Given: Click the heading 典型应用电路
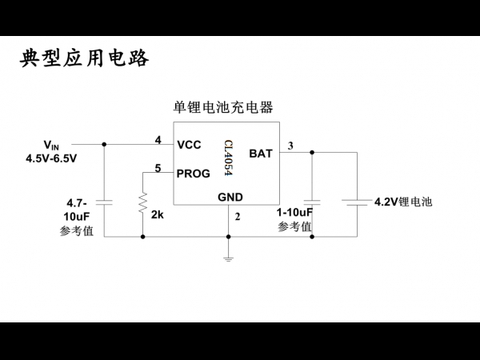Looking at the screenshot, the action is pyautogui.click(x=85, y=58).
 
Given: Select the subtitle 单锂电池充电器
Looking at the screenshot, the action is pyautogui.click(x=223, y=107).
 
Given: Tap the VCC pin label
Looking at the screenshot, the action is pyautogui.click(x=189, y=145).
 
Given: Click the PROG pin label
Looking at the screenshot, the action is pyautogui.click(x=193, y=174).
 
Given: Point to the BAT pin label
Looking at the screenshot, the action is pyautogui.click(x=261, y=154).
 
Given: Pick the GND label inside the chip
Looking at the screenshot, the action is pyautogui.click(x=230, y=197).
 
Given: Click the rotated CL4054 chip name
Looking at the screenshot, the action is pyautogui.click(x=228, y=158).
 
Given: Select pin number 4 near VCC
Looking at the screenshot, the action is pyautogui.click(x=158, y=140).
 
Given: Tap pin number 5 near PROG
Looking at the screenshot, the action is pyautogui.click(x=158, y=168).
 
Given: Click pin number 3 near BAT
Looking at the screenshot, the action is pyautogui.click(x=290, y=146).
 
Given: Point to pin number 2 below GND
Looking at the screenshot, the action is pyautogui.click(x=238, y=217).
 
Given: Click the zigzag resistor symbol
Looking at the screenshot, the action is pyautogui.click(x=142, y=202).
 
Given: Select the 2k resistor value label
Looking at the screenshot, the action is pyautogui.click(x=158, y=214).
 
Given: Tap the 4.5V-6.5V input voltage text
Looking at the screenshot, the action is pyautogui.click(x=51, y=158).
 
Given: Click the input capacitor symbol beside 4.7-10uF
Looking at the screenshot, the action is pyautogui.click(x=104, y=202).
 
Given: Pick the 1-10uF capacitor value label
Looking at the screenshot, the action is pyautogui.click(x=294, y=212).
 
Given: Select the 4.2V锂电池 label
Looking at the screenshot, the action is pyautogui.click(x=403, y=202).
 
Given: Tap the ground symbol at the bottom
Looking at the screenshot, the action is pyautogui.click(x=228, y=259).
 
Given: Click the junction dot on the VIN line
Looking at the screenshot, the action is pyautogui.click(x=104, y=144).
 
